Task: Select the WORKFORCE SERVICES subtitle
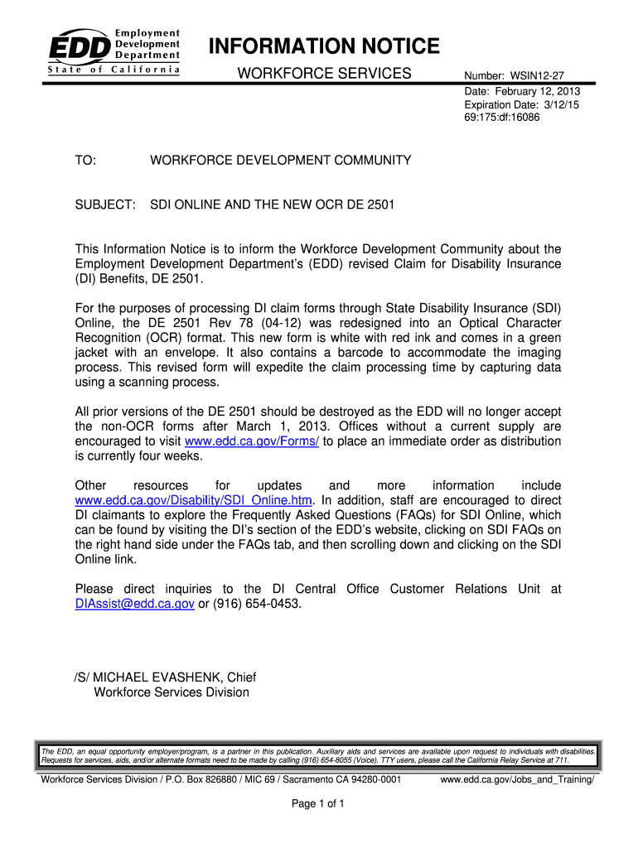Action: [x=324, y=75]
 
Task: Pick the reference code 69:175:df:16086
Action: [x=502, y=118]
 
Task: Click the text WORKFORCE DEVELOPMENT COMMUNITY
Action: [x=280, y=160]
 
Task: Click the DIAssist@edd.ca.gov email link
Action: [x=134, y=605]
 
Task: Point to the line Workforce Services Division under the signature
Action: [x=172, y=692]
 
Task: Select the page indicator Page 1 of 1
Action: [x=319, y=804]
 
